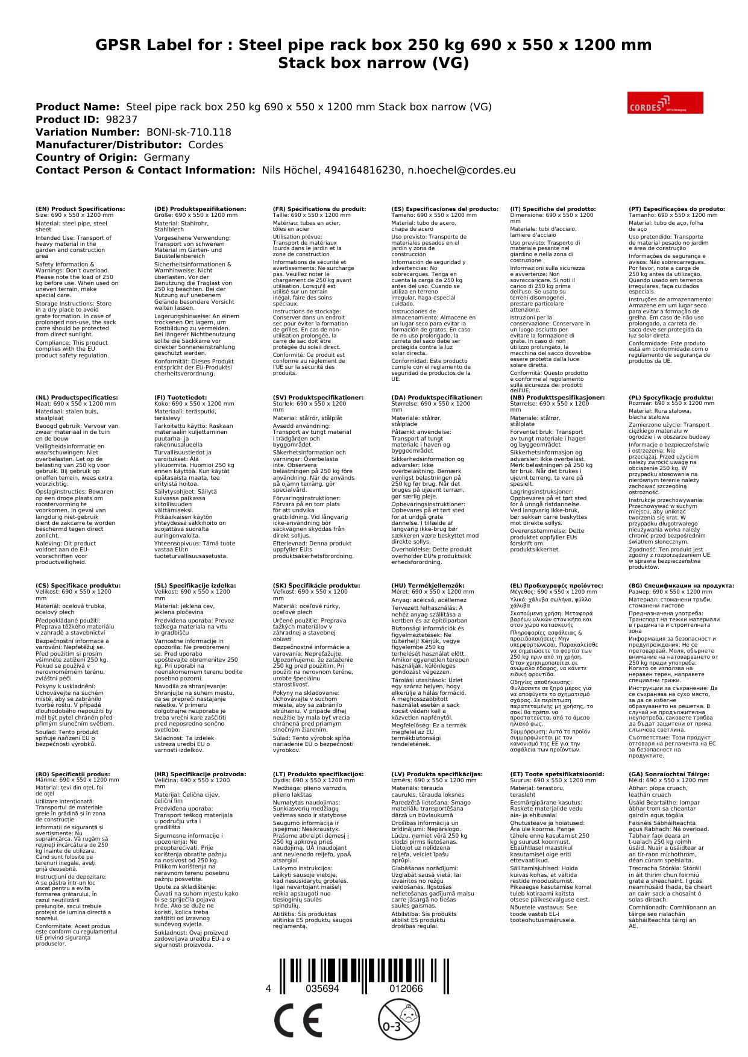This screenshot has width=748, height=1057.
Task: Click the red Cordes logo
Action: click(x=665, y=103)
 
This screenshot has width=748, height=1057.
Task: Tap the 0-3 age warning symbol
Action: click(x=398, y=1020)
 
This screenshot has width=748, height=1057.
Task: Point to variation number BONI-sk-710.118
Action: click(x=189, y=132)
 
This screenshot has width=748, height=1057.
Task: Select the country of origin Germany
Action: click(x=166, y=157)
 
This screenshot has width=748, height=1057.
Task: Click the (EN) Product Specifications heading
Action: click(x=80, y=209)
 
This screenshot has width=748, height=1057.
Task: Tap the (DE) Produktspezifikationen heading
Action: click(x=200, y=209)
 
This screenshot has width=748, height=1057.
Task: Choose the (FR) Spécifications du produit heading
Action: click(x=319, y=209)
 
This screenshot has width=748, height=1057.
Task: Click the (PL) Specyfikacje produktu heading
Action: click(x=670, y=398)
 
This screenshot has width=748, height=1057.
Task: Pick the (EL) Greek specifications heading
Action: click(x=556, y=585)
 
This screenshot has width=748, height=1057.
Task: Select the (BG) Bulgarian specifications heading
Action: click(x=681, y=585)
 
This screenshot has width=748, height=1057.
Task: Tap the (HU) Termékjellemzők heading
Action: click(x=428, y=585)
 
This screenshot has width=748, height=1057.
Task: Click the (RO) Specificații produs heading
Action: click(x=73, y=774)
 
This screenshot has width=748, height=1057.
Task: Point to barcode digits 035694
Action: click(x=322, y=989)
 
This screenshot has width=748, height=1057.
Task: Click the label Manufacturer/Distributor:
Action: click(x=108, y=145)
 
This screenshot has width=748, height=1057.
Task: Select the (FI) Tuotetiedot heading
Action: click(x=180, y=398)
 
